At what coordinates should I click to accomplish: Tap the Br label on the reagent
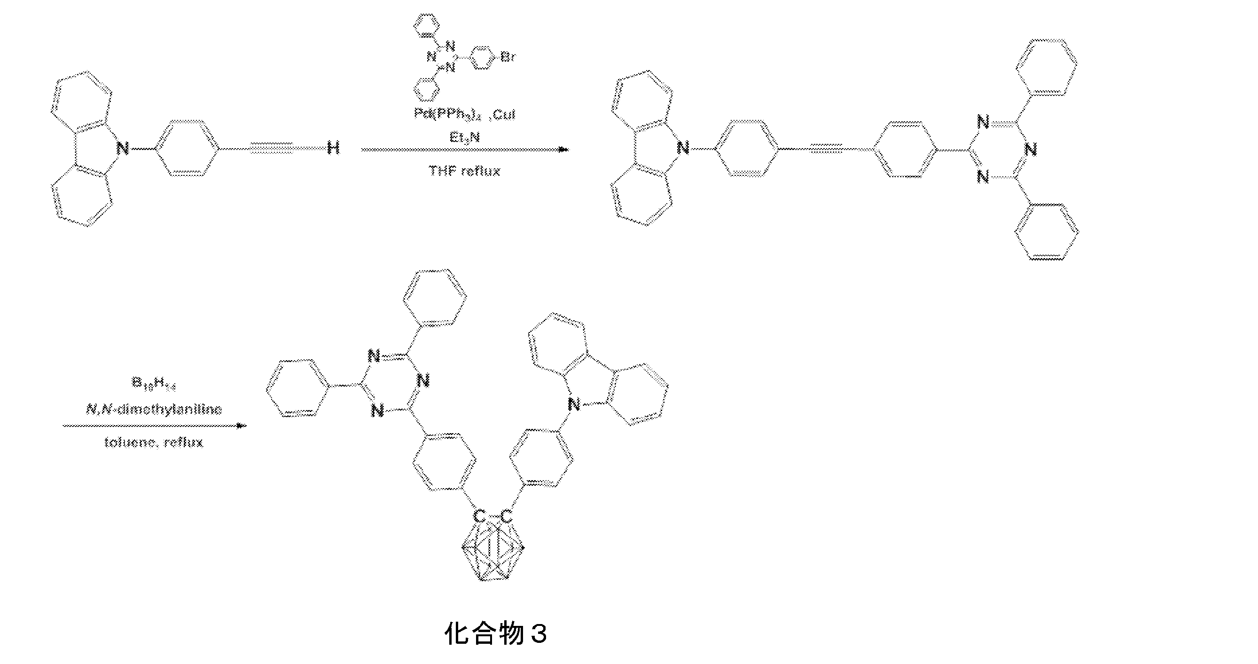pyautogui.click(x=508, y=57)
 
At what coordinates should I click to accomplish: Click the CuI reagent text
pyautogui.click(x=503, y=114)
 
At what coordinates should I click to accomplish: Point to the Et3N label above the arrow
pyautogui.click(x=464, y=137)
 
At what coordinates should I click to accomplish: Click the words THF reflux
pyautogui.click(x=464, y=171)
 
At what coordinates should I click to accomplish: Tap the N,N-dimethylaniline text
pyautogui.click(x=153, y=409)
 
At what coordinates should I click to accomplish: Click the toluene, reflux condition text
pyautogui.click(x=153, y=443)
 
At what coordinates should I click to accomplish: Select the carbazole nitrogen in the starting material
pyautogui.click(x=123, y=147)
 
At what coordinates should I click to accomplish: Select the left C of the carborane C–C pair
pyautogui.click(x=480, y=516)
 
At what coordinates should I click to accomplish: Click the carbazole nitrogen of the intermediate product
pyautogui.click(x=683, y=147)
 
